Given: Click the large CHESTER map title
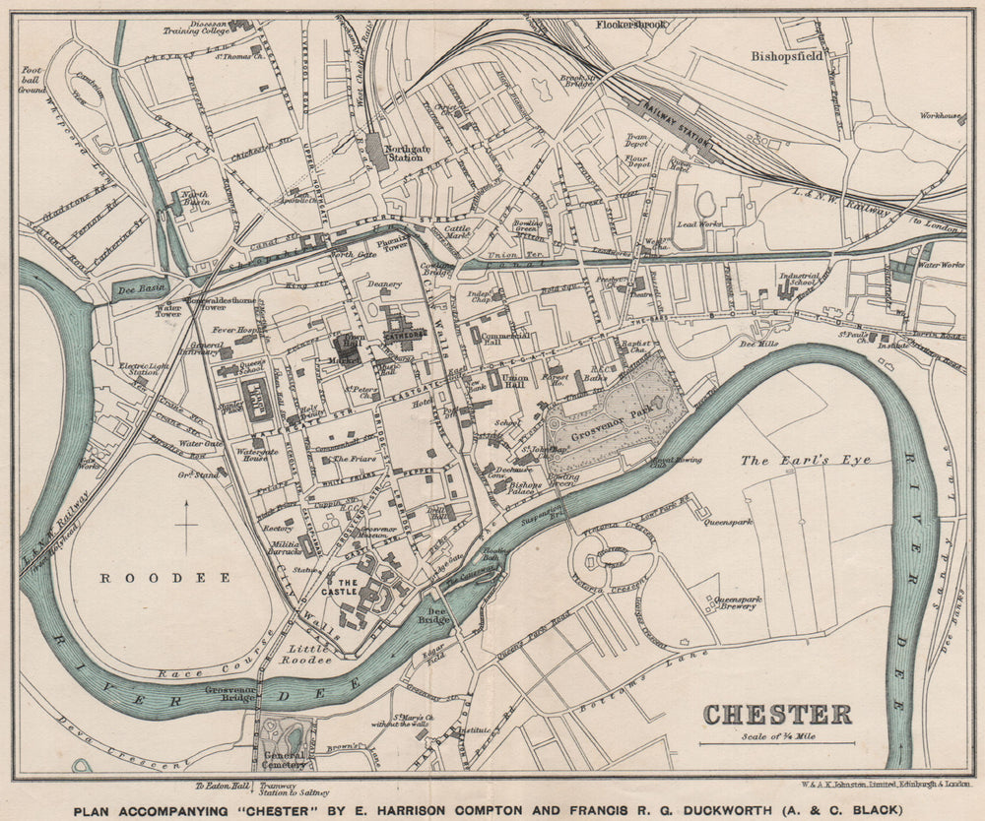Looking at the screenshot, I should coord(777,714).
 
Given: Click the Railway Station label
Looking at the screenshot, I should coord(677,126).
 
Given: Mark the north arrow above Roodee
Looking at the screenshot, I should coord(187,525).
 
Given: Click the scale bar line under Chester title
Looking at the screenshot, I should coord(777,743).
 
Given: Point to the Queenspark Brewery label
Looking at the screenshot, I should coord(735,601).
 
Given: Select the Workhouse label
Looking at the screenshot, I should coord(941,116).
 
